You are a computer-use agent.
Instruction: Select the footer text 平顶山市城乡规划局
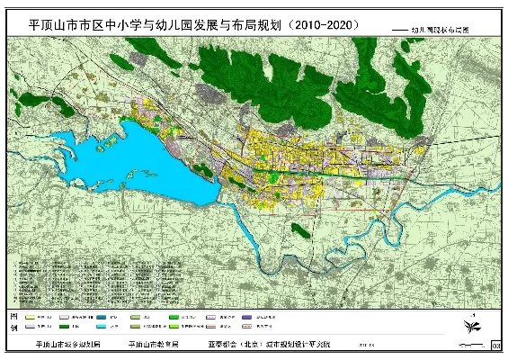67,344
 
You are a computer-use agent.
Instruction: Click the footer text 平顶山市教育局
154,344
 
